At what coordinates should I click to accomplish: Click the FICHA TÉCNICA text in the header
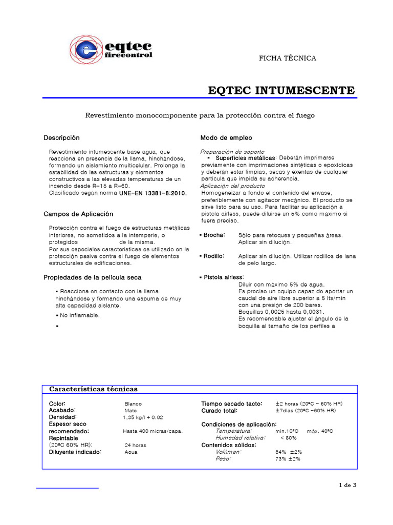(288, 58)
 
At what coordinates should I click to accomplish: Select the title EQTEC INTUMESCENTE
(281, 91)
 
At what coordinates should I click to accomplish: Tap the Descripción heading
(62, 138)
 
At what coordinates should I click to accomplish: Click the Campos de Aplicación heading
(78, 214)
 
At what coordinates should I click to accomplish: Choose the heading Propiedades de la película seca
(92, 277)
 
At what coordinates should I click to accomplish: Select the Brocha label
(213, 235)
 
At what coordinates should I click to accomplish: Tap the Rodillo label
(213, 256)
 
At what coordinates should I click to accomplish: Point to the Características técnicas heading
(93, 389)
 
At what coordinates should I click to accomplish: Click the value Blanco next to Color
(133, 404)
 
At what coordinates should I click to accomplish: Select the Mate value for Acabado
(130, 411)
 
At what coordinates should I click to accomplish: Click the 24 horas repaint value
(135, 445)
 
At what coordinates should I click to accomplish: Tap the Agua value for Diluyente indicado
(131, 452)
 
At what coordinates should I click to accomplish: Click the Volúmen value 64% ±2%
(289, 452)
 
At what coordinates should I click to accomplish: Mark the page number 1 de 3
(347, 485)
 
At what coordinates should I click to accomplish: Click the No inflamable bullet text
(80, 315)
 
